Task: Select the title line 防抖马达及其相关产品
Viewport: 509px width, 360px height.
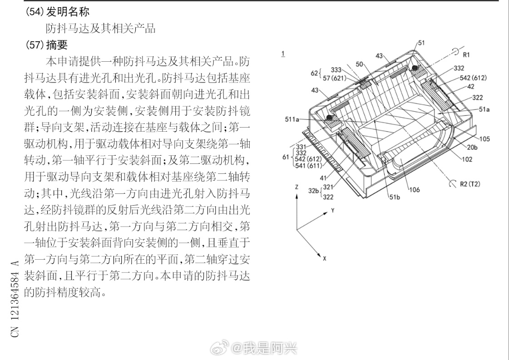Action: (100, 28)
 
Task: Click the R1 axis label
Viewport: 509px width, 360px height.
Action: (466, 54)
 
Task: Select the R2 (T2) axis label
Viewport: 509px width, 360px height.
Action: (470, 184)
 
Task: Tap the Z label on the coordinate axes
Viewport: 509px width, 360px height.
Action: (296, 187)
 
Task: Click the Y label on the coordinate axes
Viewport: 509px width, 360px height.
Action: (332, 210)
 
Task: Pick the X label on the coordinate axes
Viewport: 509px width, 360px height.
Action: (325, 258)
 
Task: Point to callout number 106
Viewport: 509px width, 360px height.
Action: (415, 190)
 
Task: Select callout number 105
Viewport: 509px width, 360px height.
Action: (484, 139)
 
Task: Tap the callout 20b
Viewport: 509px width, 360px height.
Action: (472, 148)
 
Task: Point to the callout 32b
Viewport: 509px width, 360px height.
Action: (313, 191)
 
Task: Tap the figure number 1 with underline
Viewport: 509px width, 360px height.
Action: (283, 54)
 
